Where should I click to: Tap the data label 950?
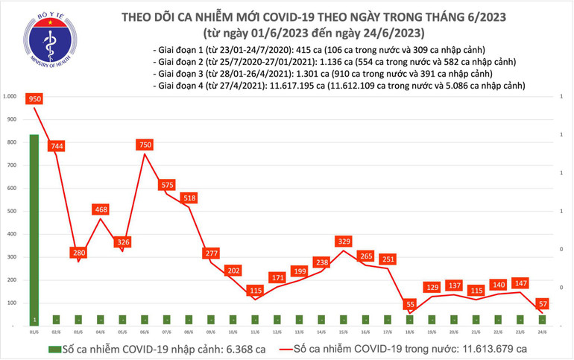tap(34, 99)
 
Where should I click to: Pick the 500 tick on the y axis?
tap(10, 212)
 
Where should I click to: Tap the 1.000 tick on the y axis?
tap(10, 97)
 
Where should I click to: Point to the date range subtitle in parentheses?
tap(313, 34)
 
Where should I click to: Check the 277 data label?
tap(210, 254)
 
